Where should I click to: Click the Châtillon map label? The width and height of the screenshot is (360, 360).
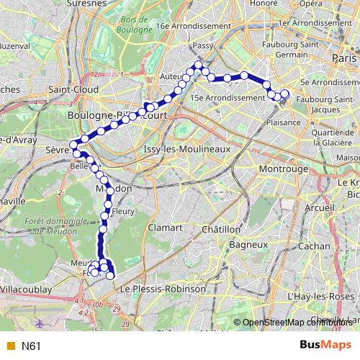[220, 229]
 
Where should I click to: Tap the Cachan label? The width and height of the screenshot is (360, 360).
[313, 246]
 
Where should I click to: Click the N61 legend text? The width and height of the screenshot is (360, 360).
[30, 346]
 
